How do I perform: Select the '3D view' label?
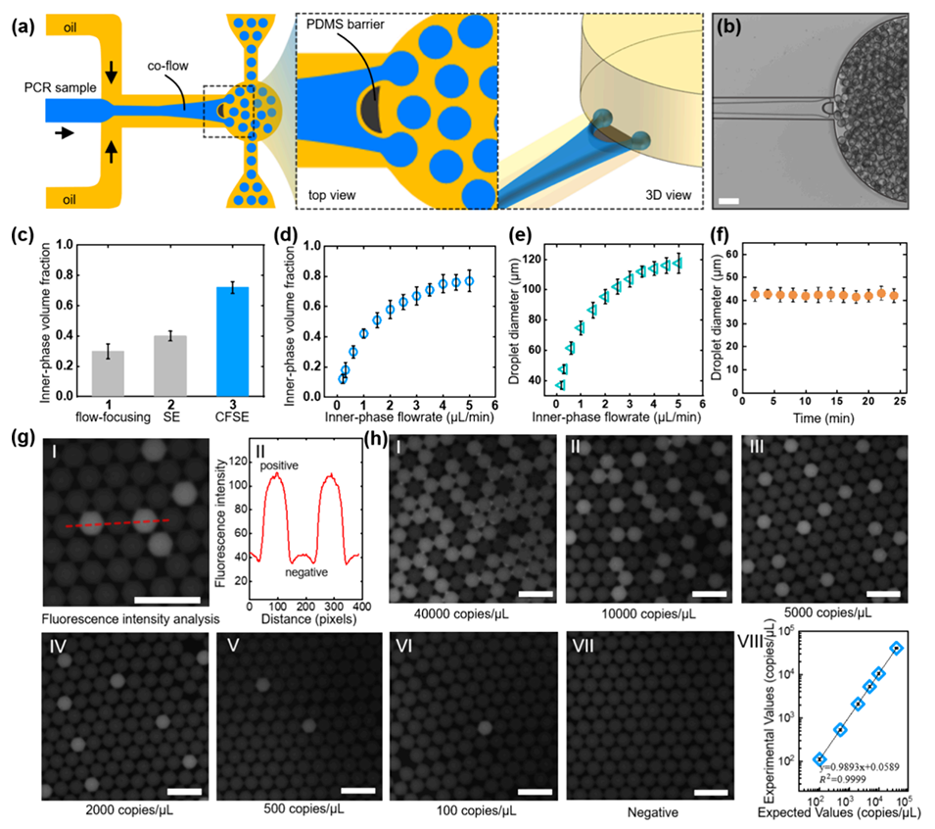pos(658,196)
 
